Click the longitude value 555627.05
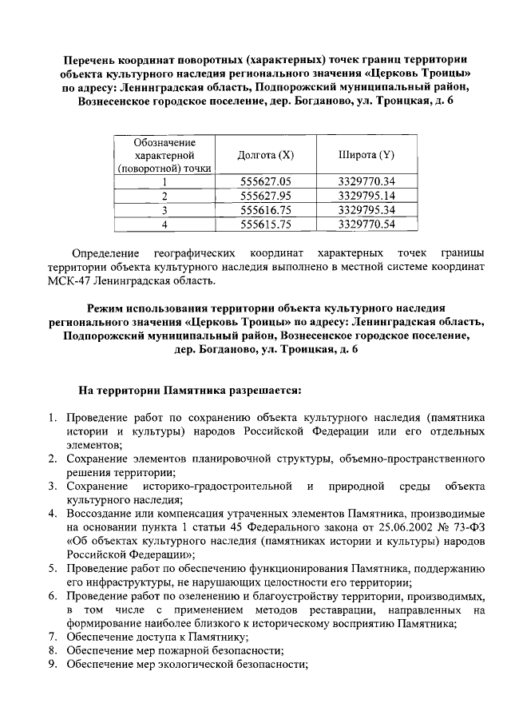coord(266,181)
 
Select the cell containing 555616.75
coord(266,209)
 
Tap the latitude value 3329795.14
coord(366,196)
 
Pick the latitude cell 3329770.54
coord(366,224)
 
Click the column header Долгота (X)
coord(266,154)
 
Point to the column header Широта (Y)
coord(366,154)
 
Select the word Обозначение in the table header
coord(164,141)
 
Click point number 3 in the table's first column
coord(164,209)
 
